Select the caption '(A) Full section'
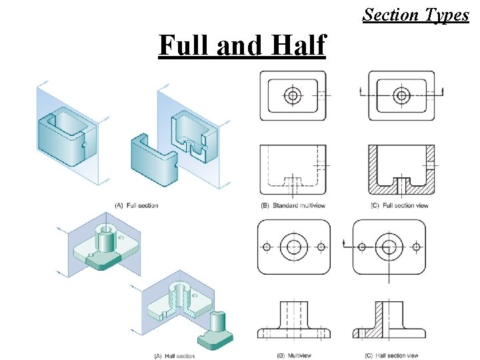pos(137,205)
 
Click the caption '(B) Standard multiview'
pos(294,205)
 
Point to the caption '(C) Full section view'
pos(399,205)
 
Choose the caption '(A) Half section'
pos(175,356)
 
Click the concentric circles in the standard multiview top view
pos(292,96)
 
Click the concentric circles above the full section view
pos(401,96)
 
